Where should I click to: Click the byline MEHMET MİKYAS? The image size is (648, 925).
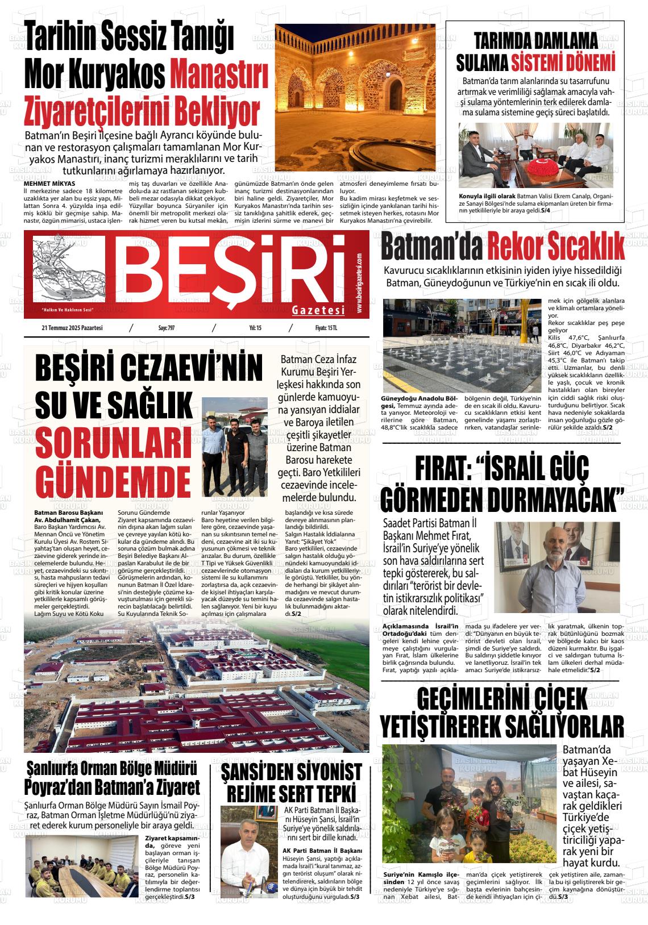coord(49,184)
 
